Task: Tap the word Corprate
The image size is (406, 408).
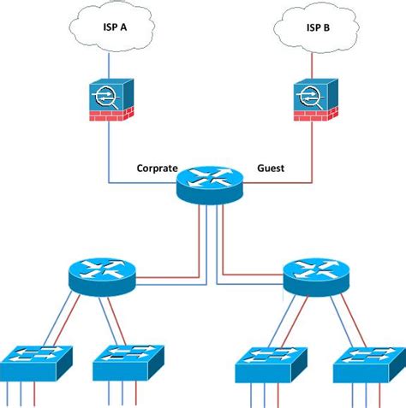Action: [157, 169]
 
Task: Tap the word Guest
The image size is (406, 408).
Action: [271, 169]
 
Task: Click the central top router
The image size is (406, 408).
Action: [210, 182]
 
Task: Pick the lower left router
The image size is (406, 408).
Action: [101, 274]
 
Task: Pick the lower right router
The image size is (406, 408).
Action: [317, 274]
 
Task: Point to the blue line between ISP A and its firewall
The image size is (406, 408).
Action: [110, 64]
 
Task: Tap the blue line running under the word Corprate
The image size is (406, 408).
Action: [141, 182]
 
